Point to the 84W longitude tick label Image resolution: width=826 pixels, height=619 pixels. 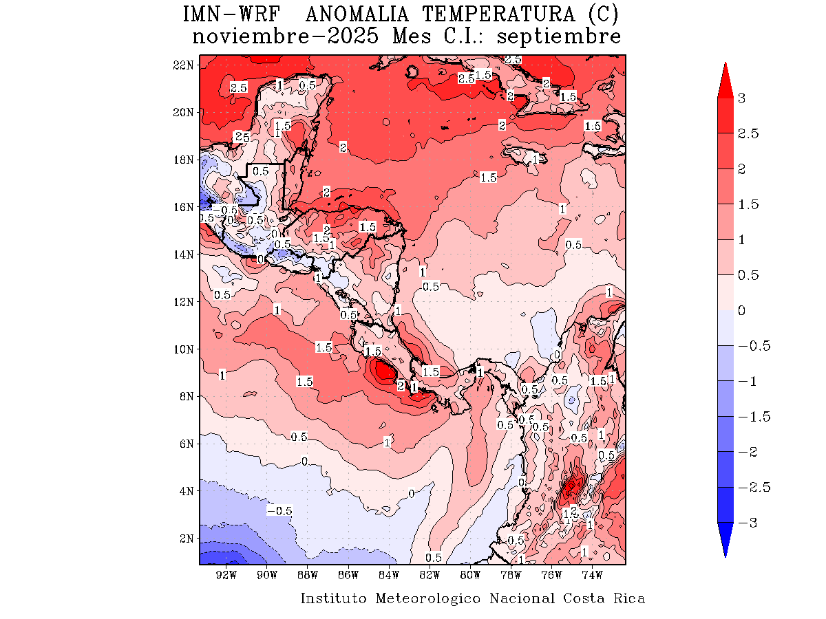pos(389,574)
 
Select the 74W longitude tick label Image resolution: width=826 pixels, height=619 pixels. pos(592,574)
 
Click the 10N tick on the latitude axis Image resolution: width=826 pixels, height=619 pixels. pos(184,349)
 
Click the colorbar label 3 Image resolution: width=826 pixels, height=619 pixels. pos(742,98)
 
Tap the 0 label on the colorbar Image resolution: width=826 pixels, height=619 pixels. pos(742,310)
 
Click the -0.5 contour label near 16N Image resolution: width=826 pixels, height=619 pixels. pos(225,209)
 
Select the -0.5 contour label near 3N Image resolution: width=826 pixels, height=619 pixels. pos(279,510)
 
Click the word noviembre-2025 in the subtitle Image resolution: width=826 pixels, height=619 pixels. pos(285,36)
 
